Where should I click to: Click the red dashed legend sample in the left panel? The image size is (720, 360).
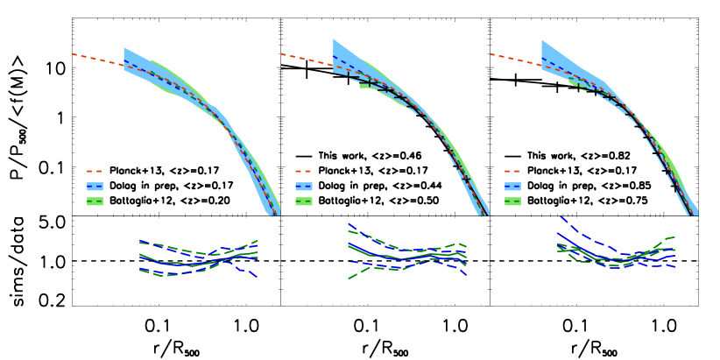click(95, 172)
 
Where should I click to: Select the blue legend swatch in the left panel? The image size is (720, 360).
click(95, 187)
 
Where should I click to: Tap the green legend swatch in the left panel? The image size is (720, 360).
click(95, 201)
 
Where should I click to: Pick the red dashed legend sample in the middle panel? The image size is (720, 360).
click(303, 172)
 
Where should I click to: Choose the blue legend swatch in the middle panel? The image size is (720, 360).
click(303, 187)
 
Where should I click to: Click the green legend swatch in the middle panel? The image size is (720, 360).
click(303, 201)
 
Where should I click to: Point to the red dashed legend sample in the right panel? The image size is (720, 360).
click(512, 172)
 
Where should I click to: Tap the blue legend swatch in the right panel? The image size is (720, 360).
click(512, 187)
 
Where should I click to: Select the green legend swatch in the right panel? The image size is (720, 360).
click(512, 201)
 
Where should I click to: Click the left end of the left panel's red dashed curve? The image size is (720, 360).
click(73, 54)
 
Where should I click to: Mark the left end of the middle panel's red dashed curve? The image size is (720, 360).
click(281, 54)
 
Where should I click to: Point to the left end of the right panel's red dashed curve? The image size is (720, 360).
click(490, 54)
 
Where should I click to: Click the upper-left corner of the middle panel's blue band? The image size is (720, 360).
click(334, 40)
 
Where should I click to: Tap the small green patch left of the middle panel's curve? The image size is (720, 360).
click(364, 86)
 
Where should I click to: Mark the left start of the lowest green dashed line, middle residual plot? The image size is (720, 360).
click(349, 279)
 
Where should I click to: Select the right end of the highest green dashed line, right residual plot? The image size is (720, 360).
click(674, 236)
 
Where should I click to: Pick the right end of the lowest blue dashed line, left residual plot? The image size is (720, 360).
click(257, 277)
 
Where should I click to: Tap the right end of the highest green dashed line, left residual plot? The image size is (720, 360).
click(258, 240)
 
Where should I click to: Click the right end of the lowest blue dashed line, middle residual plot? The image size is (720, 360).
click(466, 275)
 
